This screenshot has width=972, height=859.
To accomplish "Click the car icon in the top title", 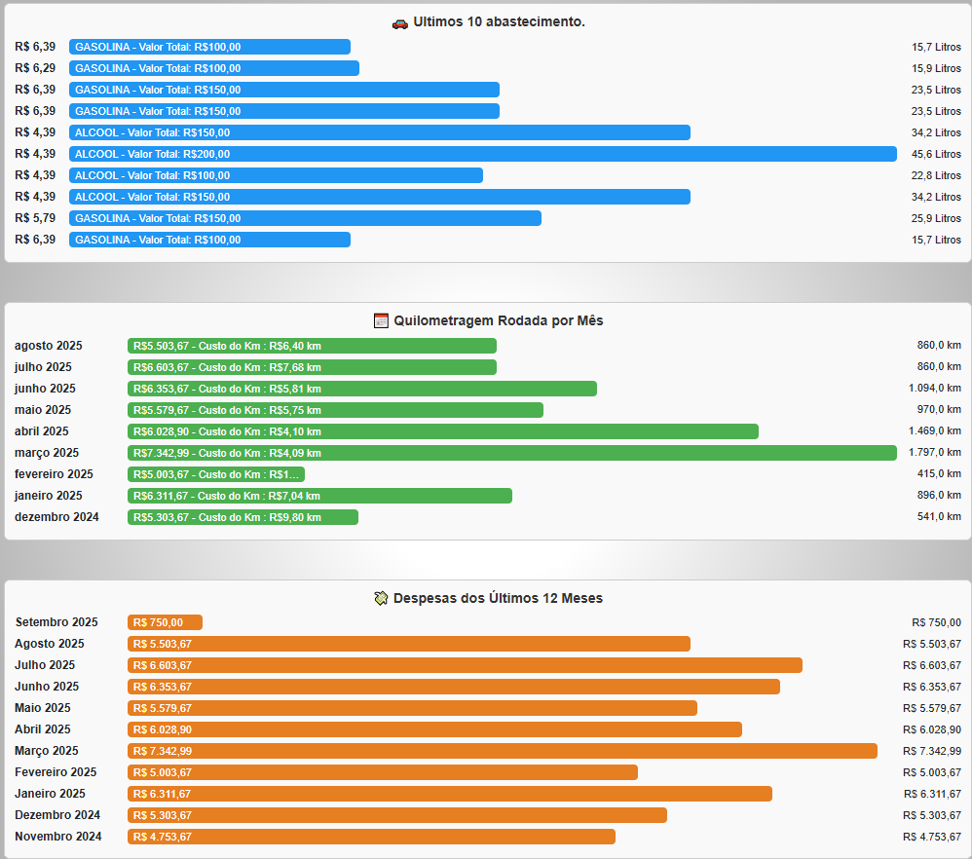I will tap(399, 22).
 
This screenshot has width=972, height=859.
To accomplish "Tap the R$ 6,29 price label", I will tap(36, 68).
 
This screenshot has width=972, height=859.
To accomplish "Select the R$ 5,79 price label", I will tap(36, 218).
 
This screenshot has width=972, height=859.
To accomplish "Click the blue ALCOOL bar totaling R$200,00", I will tap(482, 154).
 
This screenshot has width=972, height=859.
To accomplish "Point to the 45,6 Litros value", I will tap(936, 154).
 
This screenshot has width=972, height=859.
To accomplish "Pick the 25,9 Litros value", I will tap(936, 218).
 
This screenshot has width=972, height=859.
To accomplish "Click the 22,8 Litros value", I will tap(936, 175).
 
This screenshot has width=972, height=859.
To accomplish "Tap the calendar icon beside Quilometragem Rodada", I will tap(381, 320).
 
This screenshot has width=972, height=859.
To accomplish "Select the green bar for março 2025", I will tap(511, 453).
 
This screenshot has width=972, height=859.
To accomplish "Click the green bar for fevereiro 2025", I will tap(215, 474).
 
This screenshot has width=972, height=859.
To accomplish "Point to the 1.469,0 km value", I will tap(928, 431).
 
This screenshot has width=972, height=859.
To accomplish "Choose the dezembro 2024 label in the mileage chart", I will tap(56, 517).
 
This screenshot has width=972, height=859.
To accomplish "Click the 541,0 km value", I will tap(939, 517).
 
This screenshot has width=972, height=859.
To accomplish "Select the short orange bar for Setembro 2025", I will tap(165, 622).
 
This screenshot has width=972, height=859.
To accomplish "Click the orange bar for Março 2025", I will tap(502, 751).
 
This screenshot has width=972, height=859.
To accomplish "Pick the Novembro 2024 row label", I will tap(58, 837).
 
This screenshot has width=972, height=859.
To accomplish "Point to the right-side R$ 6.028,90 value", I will tap(931, 729).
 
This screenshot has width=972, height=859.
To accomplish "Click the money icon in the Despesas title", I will tap(381, 598).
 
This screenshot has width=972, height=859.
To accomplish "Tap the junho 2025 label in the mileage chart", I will tap(45, 389).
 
